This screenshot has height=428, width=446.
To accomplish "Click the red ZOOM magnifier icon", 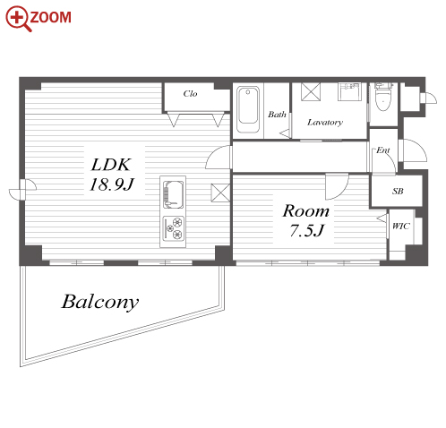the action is click(18, 18).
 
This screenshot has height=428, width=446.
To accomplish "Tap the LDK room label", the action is click(111, 165).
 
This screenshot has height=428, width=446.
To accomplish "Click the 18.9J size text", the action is click(112, 184).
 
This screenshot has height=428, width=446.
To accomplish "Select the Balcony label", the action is click(100, 303).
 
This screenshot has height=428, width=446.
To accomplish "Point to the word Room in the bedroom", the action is click(306, 211).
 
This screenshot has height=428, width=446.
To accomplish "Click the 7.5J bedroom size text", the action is click(307, 230).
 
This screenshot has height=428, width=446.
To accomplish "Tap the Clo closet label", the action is click(190, 94).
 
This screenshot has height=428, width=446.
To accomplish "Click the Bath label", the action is click(277, 115).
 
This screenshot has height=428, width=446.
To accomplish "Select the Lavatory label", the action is click(325, 123).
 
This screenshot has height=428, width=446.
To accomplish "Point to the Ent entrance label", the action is click(383, 150).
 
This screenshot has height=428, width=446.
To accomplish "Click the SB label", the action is click(398, 191).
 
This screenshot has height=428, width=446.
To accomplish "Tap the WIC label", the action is click(401, 226).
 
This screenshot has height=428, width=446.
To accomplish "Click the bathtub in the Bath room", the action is click(248, 109).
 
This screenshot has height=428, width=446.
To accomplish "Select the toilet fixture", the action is click(383, 97).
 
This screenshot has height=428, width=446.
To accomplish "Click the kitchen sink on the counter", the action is click(173, 194).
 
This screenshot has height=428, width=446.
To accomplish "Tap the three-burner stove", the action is click(173, 228).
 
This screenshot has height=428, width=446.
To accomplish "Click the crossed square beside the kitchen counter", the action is click(220, 193).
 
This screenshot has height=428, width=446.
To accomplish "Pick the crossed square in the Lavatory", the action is click(311, 92).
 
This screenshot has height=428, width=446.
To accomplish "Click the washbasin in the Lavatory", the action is click(349, 91).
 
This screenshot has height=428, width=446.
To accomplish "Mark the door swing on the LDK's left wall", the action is click(22, 190).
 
